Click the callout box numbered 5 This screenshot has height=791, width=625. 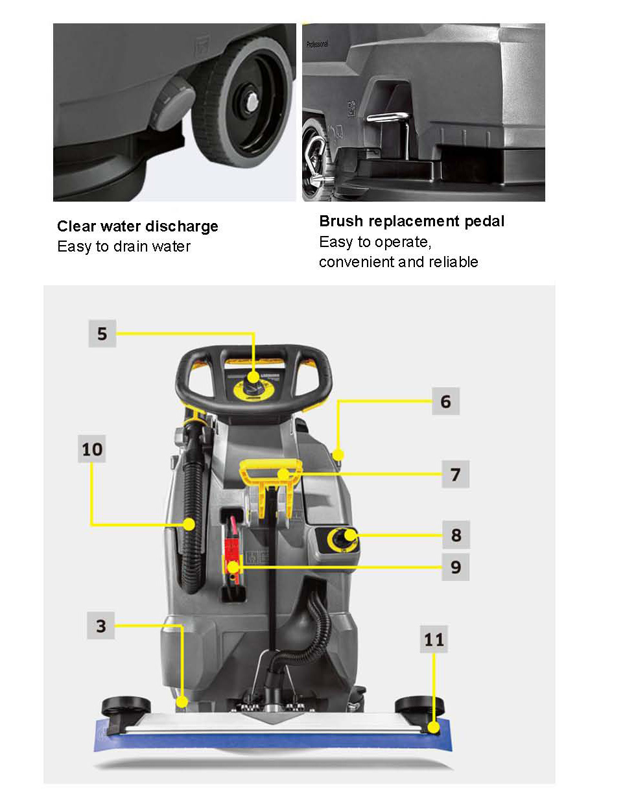pos(102,333)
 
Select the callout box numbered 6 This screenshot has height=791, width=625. pos(445,401)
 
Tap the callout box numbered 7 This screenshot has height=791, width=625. pos(456,474)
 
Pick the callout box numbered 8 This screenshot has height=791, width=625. pos(456,535)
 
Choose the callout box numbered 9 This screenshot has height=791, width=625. pos(456,567)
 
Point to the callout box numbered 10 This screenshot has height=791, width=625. pos(92,449)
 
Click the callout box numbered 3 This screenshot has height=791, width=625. pos(100,626)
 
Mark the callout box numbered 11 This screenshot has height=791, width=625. pos(434,639)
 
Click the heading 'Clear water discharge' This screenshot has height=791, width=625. pos(137,226)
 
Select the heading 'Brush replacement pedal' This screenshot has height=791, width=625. pos(412,221)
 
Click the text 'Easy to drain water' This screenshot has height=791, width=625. pos(124,246)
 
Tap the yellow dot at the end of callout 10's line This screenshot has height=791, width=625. pos(189,524)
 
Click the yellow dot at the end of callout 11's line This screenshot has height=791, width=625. pos(434,727)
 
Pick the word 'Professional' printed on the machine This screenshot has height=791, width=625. pos(317,44)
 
